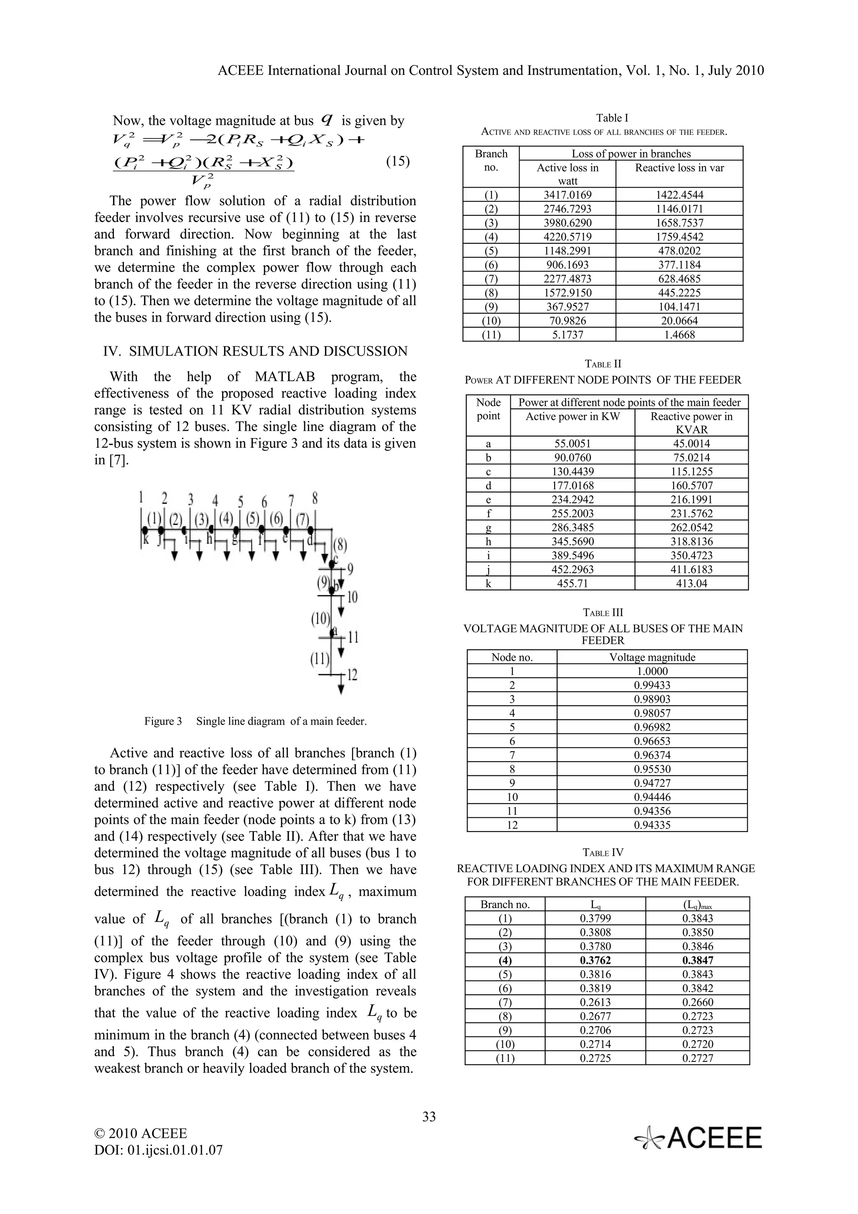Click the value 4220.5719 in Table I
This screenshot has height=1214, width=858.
[567, 237]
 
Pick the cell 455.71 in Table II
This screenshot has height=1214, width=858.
[573, 583]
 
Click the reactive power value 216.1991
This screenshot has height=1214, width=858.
[692, 499]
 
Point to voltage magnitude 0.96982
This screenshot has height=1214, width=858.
[652, 727]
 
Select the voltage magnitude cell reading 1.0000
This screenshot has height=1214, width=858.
[652, 671]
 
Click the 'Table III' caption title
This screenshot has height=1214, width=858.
[603, 613]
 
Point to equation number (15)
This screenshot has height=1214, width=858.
[398, 161]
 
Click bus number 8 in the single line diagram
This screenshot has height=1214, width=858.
[315, 498]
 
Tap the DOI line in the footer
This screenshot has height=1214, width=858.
[158, 1150]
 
